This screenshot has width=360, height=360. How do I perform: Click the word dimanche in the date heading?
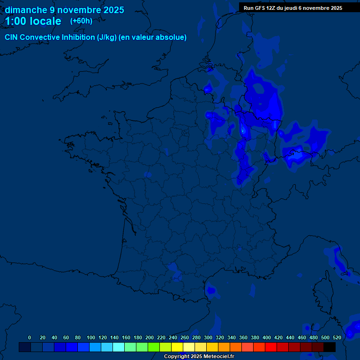tap(25, 10)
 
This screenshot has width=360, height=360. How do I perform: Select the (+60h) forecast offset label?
tap(81, 21)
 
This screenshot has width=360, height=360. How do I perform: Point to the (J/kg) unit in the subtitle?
tap(107, 37)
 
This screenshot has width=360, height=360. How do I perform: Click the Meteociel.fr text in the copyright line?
tap(219, 357)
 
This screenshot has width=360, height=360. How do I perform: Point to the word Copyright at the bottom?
tap(177, 357)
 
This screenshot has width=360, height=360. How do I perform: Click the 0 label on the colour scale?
tap(30, 337)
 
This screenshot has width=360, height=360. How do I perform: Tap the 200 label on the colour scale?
tap(150, 337)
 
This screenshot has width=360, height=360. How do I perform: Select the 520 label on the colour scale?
tap(337, 337)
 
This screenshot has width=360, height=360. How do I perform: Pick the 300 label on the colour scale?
tap(208, 337)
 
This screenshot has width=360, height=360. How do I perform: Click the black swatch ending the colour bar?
tap(330, 347)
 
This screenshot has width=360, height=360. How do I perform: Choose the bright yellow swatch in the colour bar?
tap(177, 347)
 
